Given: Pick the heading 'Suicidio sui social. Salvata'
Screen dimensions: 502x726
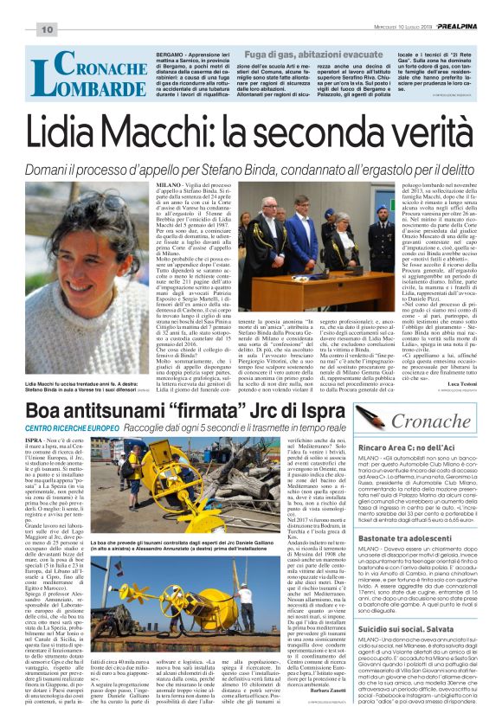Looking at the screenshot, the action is (404, 651).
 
